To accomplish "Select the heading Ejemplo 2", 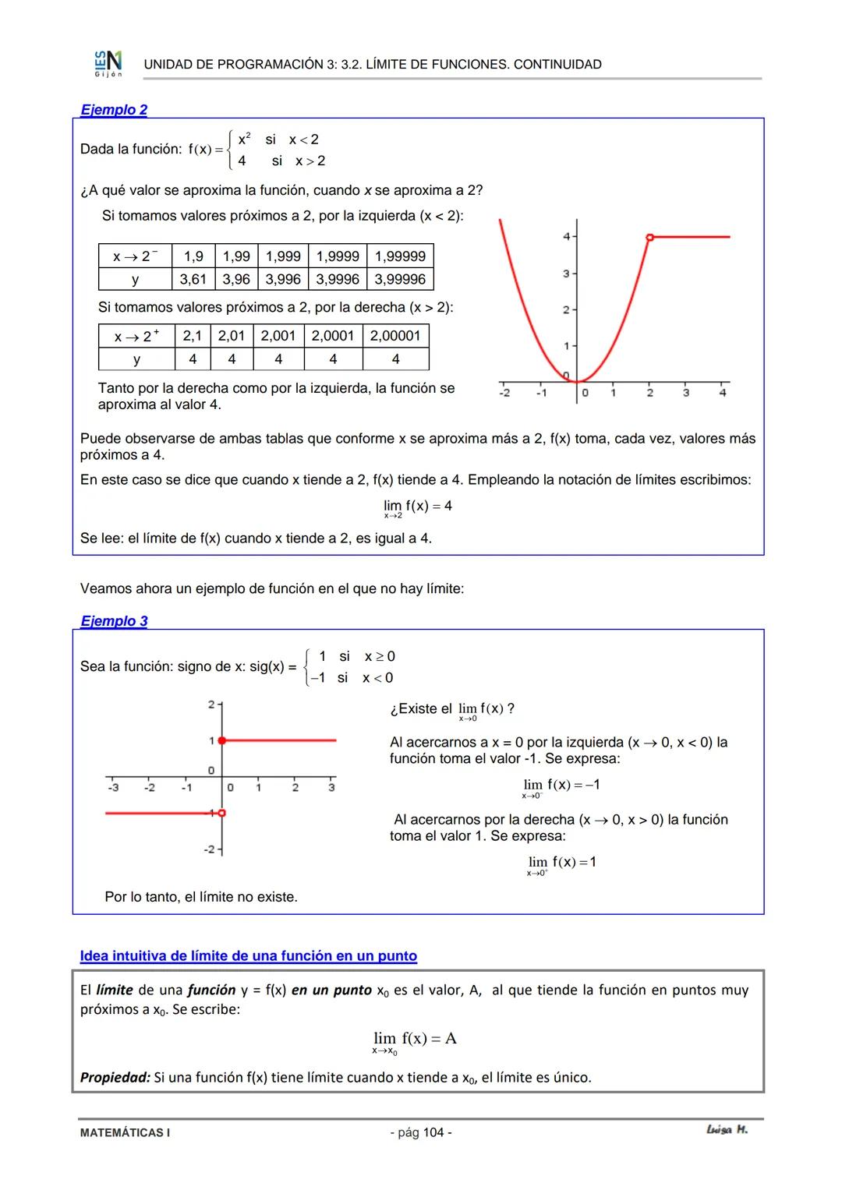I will pos(114,110).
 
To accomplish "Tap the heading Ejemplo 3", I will pos(114,621).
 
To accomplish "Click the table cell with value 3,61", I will pos(193,279).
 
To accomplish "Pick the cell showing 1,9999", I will pos(338,256).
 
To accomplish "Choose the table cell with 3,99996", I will pos(400,279).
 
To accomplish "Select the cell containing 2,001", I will pos(278,336).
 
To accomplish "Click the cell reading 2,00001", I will pos(395,336).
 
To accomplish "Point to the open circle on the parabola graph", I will pos(649,236).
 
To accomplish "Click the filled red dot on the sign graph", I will pos(222,740).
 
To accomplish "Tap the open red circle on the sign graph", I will pos(222,813).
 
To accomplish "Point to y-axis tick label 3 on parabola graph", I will pos(567,274).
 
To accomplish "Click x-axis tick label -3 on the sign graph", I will pos(113,788).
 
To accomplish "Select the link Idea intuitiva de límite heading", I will pos(248,956).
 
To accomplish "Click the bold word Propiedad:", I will pos(115,1078).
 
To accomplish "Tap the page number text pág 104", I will pos(420,1132).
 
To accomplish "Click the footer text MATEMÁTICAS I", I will pos(125,1132).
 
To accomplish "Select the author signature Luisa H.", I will pos(727,1130).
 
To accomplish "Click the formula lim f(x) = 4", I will pos(417,507).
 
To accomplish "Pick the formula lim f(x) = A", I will pos(415,1040).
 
